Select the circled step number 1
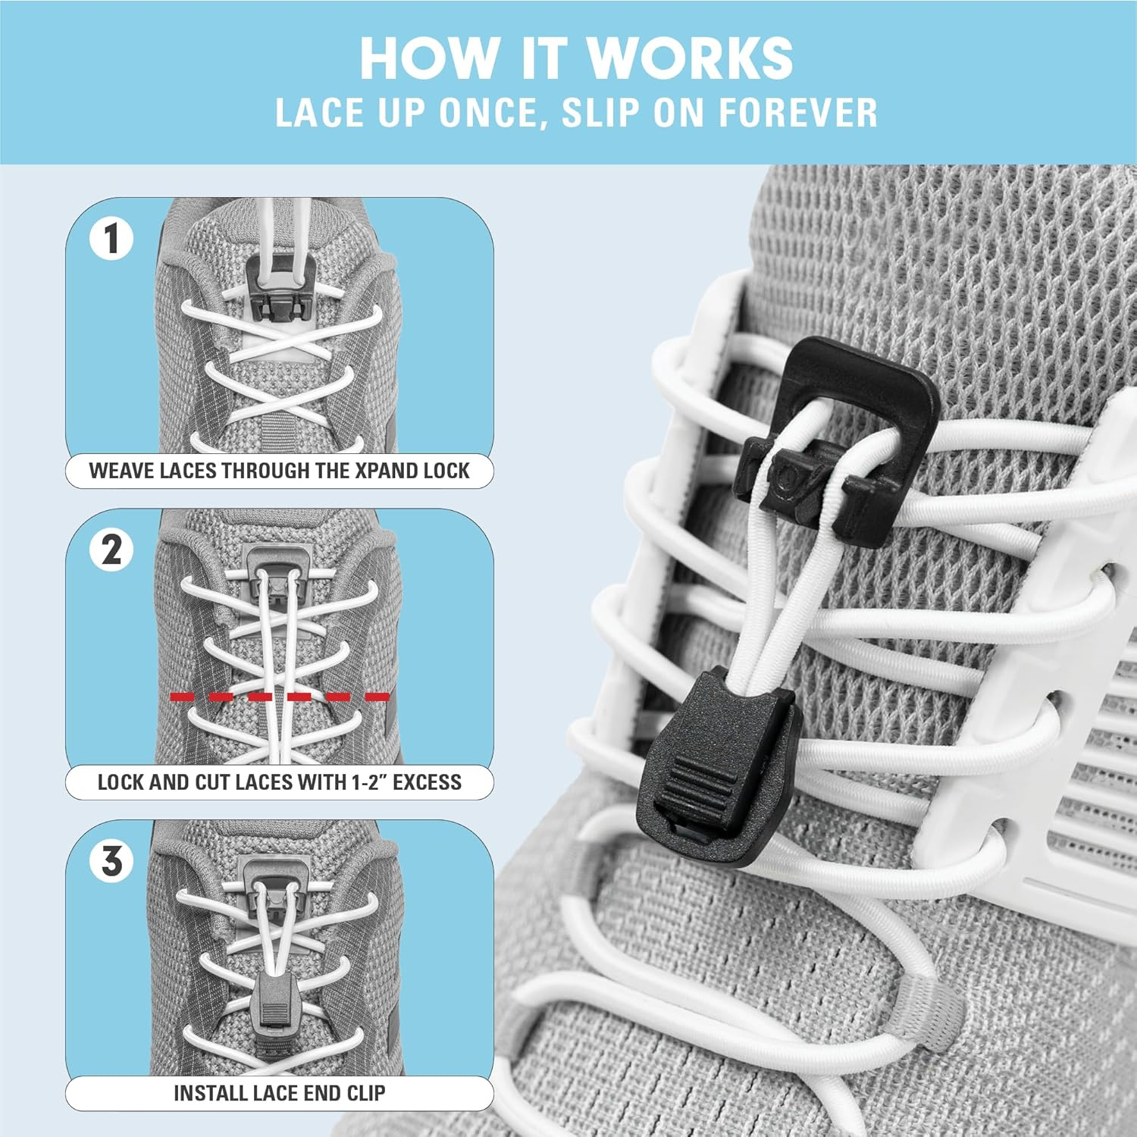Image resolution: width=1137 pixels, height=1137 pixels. [x=111, y=239]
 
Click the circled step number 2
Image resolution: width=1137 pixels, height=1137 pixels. [x=111, y=550]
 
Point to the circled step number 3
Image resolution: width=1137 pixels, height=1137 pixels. [x=111, y=861]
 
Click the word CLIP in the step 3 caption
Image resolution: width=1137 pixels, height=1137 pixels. [x=365, y=1093]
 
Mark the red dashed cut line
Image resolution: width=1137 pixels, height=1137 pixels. [x=280, y=696]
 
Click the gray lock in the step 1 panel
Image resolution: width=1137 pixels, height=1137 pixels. [x=280, y=288]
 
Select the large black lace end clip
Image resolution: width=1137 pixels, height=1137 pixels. [x=716, y=766]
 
